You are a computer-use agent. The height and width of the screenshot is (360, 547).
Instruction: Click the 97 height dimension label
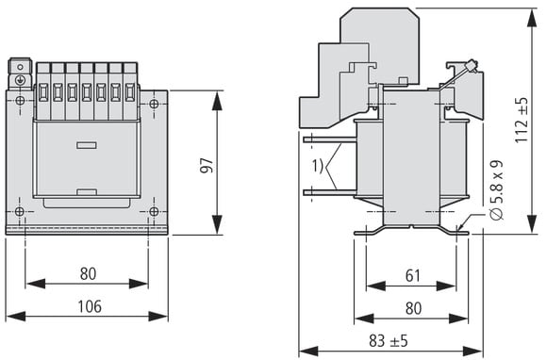[206, 166]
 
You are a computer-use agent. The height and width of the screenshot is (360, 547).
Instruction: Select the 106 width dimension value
[90, 306]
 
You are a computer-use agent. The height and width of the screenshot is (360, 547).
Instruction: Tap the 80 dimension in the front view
[88, 274]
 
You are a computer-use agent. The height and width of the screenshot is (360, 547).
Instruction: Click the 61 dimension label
[413, 276]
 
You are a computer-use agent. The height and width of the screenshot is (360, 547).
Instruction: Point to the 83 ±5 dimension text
[389, 341]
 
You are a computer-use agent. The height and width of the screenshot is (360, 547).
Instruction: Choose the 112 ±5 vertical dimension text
[522, 121]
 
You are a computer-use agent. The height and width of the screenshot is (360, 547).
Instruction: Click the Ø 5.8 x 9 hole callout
[496, 190]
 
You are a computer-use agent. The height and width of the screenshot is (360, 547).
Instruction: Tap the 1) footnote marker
[318, 166]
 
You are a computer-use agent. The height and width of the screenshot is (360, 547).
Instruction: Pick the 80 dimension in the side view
[413, 308]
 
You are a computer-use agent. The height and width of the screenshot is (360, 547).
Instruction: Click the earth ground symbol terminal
[20, 80]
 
